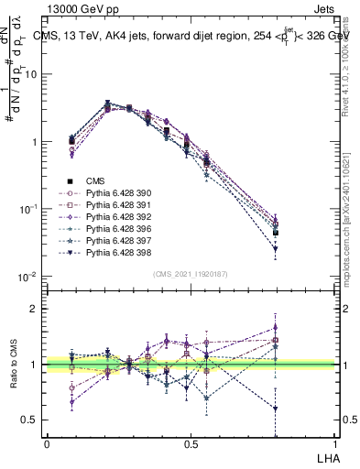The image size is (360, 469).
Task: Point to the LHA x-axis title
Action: (327, 456)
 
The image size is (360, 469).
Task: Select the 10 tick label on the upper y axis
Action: (30, 74)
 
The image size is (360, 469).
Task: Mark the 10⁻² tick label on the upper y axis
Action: (28, 277)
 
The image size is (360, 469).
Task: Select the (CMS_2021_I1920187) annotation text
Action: (191, 274)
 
